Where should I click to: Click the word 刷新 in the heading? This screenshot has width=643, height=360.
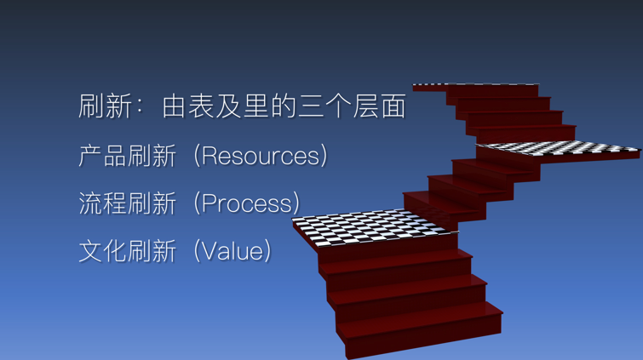pyautogui.click(x=105, y=106)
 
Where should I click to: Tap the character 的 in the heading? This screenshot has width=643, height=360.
pyautogui.click(x=283, y=106)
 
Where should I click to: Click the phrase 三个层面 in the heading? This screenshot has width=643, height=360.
pyautogui.click(x=352, y=106)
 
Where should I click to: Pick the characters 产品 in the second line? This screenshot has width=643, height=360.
pyautogui.click(x=103, y=156)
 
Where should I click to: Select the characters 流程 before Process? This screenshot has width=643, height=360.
pyautogui.click(x=103, y=203)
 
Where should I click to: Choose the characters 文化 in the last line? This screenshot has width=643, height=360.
pyautogui.click(x=103, y=251)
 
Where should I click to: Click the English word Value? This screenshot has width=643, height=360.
pyautogui.click(x=233, y=251)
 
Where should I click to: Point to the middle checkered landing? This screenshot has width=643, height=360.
pyautogui.click(x=558, y=148)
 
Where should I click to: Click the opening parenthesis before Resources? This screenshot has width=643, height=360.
pyautogui.click(x=197, y=156)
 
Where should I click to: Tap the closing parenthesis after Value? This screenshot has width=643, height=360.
pyautogui.click(x=267, y=251)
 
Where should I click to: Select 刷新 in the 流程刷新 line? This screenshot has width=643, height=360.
pyautogui.click(x=152, y=203)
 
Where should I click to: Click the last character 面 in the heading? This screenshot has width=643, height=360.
pyautogui.click(x=393, y=106)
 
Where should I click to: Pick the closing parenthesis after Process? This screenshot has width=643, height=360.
pyautogui.click(x=296, y=203)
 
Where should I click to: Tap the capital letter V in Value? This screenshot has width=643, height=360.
pyautogui.click(x=209, y=251)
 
